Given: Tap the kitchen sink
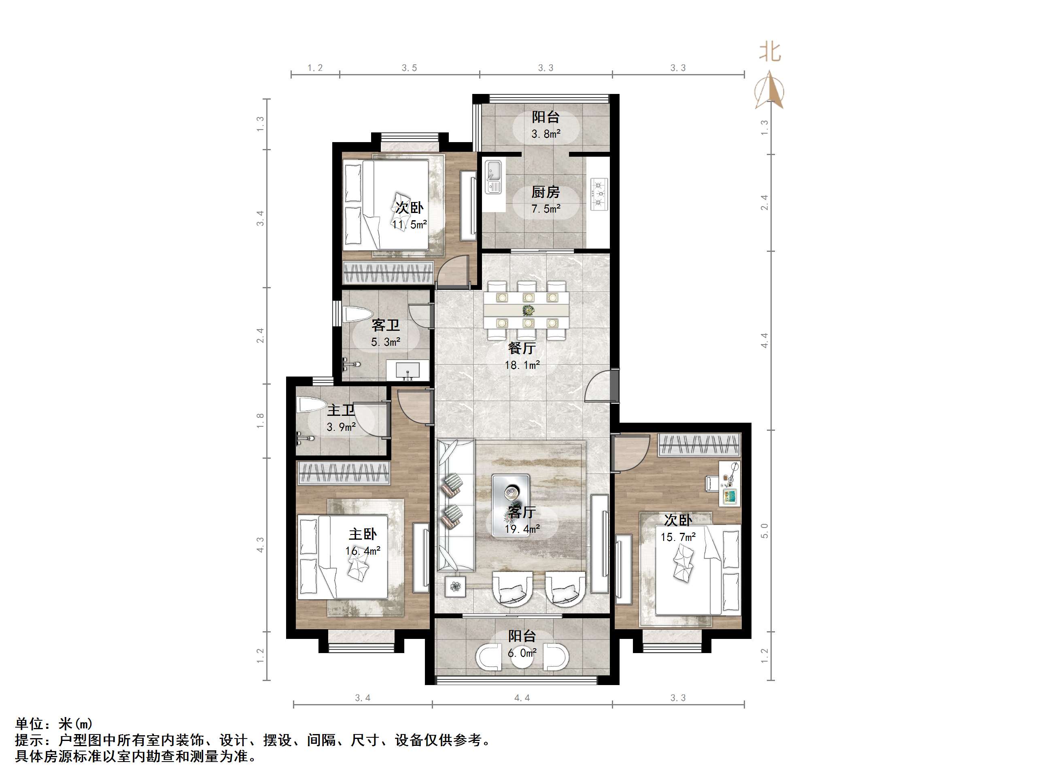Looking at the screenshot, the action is click(493, 177).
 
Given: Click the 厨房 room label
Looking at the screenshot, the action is click(545, 192).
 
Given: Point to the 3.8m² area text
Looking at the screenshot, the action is click(546, 134).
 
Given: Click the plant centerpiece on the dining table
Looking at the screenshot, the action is click(529, 310).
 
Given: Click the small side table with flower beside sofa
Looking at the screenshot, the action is click(455, 586).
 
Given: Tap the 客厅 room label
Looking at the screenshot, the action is click(522, 512).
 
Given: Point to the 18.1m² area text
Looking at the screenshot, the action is click(522, 365).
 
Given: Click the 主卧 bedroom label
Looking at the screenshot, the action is click(363, 534).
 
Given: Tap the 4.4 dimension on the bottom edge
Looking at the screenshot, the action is click(522, 698).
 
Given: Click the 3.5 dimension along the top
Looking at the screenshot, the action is click(409, 68).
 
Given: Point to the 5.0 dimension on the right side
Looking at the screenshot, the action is click(764, 531).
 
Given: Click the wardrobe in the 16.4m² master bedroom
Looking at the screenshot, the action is click(344, 473).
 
